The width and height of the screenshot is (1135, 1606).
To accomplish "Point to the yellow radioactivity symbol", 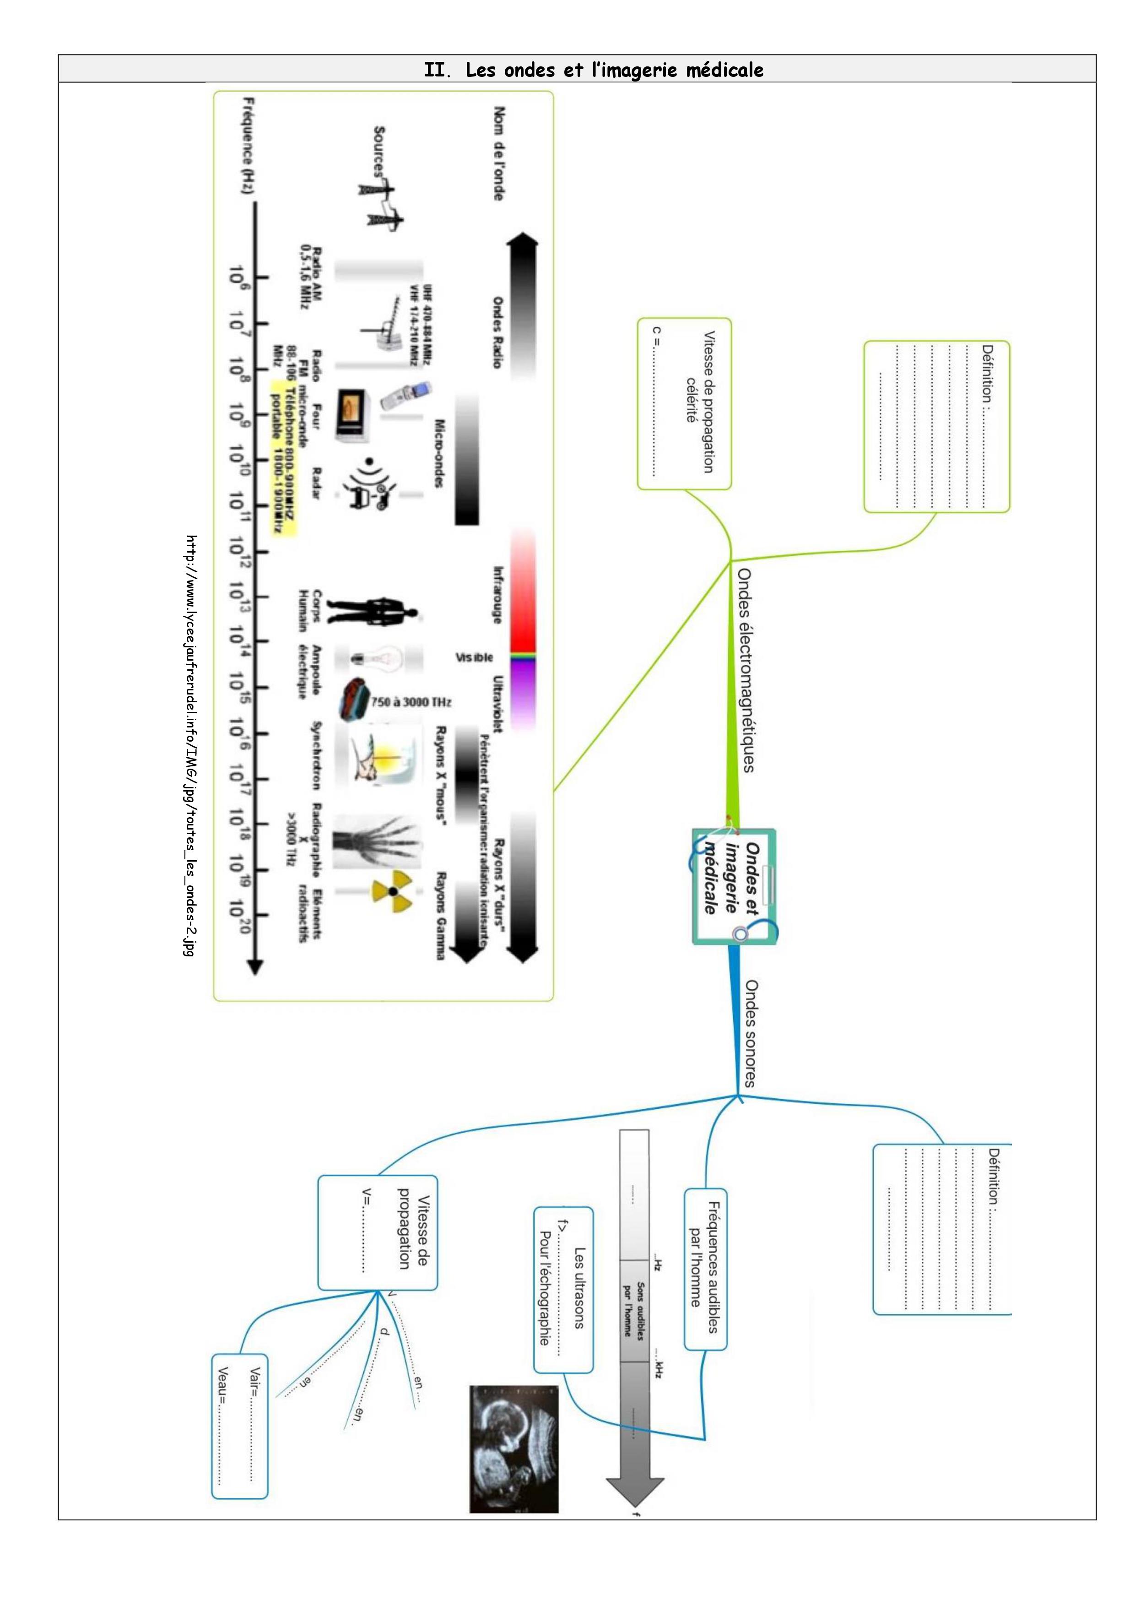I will pos(392,891).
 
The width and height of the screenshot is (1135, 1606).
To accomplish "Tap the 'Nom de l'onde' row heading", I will pos(498,154).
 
